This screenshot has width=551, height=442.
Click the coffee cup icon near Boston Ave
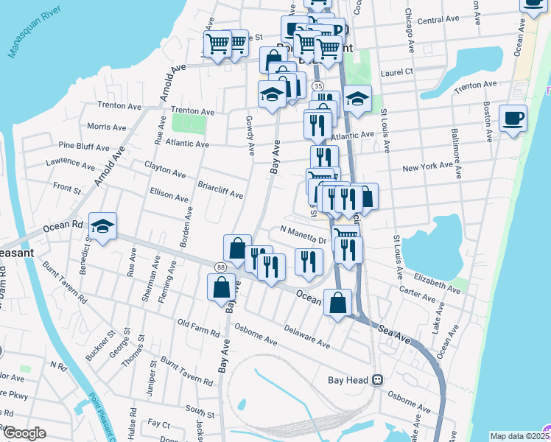point(513,118)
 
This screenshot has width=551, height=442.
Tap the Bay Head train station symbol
point(377,380)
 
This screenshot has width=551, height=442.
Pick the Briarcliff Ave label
point(220,189)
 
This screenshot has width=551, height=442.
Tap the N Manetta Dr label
point(303,234)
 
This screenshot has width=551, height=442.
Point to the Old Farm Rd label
point(199,328)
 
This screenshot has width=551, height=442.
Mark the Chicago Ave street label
point(407,31)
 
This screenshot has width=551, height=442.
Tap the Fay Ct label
point(158,424)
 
